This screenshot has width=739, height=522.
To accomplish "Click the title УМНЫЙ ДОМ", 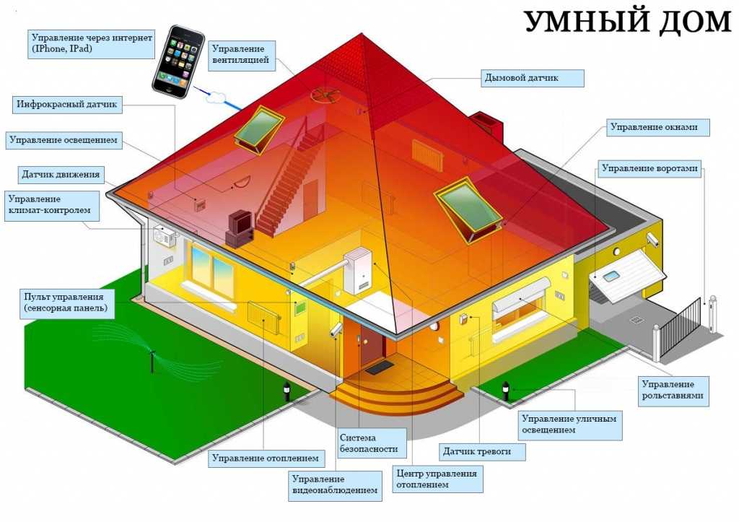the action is pyautogui.click(x=627, y=21).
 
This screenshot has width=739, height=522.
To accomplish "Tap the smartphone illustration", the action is pyautogui.click(x=179, y=61).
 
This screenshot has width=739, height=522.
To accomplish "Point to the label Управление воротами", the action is pyautogui.click(x=650, y=169).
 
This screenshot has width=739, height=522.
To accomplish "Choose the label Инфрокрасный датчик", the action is pyautogui.click(x=67, y=105).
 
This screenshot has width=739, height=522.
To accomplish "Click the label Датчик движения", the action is pyautogui.click(x=61, y=175).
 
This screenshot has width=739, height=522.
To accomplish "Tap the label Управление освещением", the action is pyautogui.click(x=64, y=141).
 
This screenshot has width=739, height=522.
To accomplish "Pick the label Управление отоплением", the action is pyautogui.click(x=266, y=458).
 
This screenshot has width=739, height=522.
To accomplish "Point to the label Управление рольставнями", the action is pyautogui.click(x=673, y=391).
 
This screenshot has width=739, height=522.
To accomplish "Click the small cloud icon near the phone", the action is pyautogui.click(x=216, y=97).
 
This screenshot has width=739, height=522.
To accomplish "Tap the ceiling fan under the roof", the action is pyautogui.click(x=325, y=95).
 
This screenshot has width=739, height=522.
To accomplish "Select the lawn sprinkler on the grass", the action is pyautogui.click(x=152, y=358).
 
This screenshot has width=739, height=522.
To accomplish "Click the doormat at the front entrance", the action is pyautogui.click(x=380, y=367).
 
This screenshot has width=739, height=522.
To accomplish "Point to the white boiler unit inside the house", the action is pyautogui.click(x=358, y=271).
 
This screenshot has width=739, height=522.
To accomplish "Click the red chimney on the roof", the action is pyautogui.click(x=487, y=124).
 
